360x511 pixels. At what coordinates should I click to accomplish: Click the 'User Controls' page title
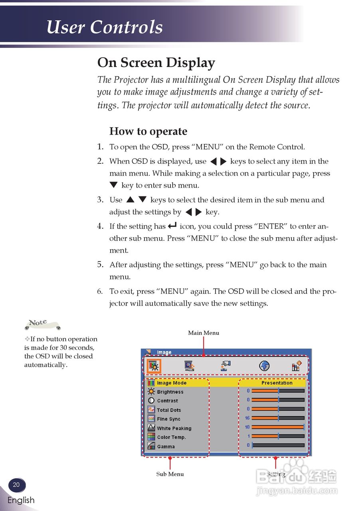pos(105,28)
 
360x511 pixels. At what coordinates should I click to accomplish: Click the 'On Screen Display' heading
pos(156,63)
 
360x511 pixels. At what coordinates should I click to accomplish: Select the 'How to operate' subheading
pos(148,131)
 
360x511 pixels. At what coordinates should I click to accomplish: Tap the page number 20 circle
pos(16,485)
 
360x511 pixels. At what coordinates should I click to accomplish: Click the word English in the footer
pos(21,500)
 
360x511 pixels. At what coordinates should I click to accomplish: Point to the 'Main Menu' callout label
pos(204,333)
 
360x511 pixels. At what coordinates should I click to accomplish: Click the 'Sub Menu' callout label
pos(170,474)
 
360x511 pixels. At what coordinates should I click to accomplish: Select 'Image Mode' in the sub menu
pos(172,383)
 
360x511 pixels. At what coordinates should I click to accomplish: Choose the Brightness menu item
pos(170,392)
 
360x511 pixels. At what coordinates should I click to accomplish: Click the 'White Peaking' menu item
pos(174,428)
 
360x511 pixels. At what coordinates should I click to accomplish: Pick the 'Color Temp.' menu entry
pos(171,437)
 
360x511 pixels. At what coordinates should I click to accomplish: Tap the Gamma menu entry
pos(166,446)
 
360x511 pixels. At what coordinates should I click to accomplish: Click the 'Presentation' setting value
pos(277,383)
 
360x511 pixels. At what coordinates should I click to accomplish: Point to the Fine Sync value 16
pos(247,418)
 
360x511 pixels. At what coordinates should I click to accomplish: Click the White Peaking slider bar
pos(278,427)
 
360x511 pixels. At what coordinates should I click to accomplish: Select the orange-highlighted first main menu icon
pos(153,365)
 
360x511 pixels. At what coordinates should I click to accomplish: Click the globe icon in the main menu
pos(264,365)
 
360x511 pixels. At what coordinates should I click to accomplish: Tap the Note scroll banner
pos(42,324)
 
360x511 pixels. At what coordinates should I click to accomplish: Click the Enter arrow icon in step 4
pos(172,226)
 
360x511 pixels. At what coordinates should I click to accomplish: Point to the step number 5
pos(101,264)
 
